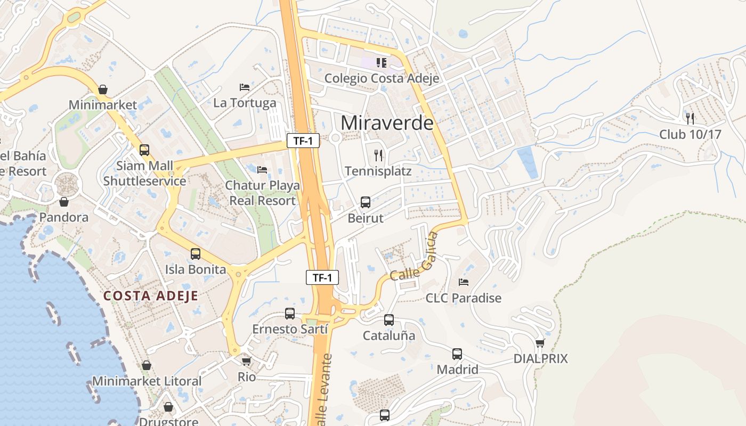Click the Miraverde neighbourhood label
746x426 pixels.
pyautogui.click(x=387, y=123)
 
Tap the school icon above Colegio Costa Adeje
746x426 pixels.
pyautogui.click(x=381, y=63)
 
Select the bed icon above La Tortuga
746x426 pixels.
pyautogui.click(x=245, y=87)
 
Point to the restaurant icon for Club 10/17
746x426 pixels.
pyautogui.click(x=690, y=118)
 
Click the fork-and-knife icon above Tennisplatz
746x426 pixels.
pyautogui.click(x=378, y=155)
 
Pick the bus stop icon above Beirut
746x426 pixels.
pyautogui.click(x=366, y=202)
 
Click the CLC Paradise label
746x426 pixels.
pyautogui.click(x=464, y=298)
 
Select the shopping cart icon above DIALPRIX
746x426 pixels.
pyautogui.click(x=540, y=343)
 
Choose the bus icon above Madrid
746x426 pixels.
pyautogui.click(x=457, y=354)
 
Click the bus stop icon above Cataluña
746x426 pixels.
pyautogui.click(x=389, y=320)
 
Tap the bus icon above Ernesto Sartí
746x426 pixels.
pyautogui.click(x=290, y=314)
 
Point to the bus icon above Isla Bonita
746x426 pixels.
pyautogui.click(x=196, y=253)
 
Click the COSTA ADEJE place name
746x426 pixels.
pyautogui.click(x=151, y=296)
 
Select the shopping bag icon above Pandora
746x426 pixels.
pyautogui.click(x=64, y=202)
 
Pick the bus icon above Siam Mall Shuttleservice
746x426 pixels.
pyautogui.click(x=144, y=150)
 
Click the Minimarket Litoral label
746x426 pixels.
pyautogui.click(x=147, y=381)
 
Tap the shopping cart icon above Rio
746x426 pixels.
pyautogui.click(x=246, y=361)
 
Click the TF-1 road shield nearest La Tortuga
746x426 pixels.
pyautogui.click(x=303, y=141)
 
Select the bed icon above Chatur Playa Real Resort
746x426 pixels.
pyautogui.click(x=262, y=170)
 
